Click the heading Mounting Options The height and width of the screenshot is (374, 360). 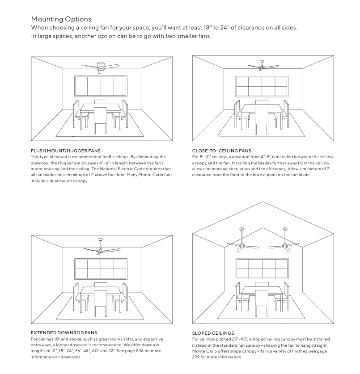(x=61, y=19)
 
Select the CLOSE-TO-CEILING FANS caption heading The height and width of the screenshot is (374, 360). (x=221, y=151)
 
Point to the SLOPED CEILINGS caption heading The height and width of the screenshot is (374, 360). (x=213, y=333)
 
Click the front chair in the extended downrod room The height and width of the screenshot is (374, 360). (x=101, y=301)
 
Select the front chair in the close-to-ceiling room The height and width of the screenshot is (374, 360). (x=262, y=121)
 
